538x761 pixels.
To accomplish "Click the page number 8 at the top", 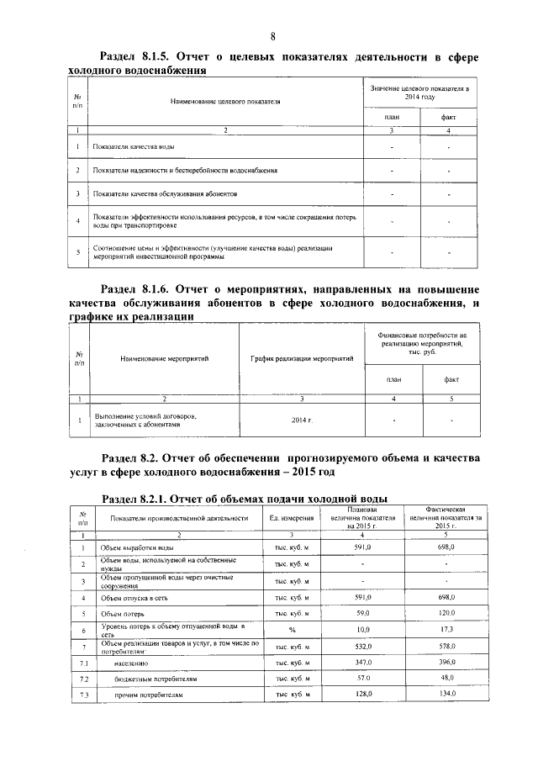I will (273, 36).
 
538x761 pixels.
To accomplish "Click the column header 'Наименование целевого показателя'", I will (225, 103).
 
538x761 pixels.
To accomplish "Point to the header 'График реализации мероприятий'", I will (302, 359).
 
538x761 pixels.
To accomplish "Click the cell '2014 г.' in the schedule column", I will (302, 420).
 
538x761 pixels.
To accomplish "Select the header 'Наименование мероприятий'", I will (164, 359).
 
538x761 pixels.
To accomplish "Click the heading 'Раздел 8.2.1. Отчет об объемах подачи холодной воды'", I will (244, 498).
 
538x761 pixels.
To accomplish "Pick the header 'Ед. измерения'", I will (292, 518).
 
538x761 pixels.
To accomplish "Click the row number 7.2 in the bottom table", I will (83, 679).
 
